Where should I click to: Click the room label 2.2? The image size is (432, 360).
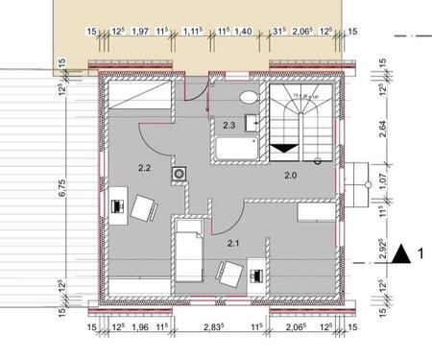point(144,168)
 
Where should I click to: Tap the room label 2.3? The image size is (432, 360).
point(229,125)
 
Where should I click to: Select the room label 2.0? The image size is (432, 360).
point(290,176)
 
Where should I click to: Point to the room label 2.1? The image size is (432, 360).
point(232,244)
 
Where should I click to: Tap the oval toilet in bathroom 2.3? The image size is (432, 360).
point(248,97)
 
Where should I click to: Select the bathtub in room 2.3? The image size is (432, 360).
point(235,150)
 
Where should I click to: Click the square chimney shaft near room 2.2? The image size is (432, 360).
point(179,174)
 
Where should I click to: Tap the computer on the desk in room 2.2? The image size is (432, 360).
point(118,204)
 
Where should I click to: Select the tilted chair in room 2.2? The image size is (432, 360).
point(146,207)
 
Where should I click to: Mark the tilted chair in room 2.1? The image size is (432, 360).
point(228,274)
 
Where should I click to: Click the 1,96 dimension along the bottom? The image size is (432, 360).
point(140,328)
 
